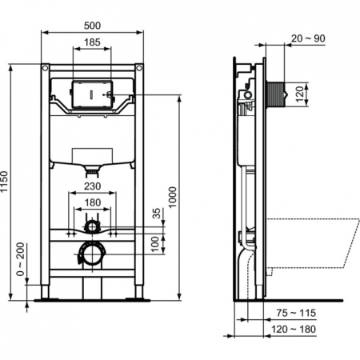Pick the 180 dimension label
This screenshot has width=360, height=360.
93,203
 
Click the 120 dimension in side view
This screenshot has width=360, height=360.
300,94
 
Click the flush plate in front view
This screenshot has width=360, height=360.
93,94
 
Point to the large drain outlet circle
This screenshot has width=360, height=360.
91,255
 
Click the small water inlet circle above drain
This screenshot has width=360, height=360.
93,227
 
